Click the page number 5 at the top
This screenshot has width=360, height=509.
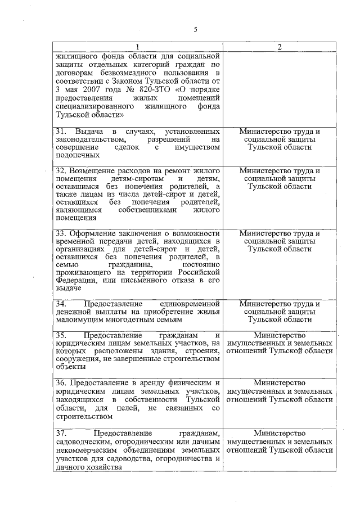click(x=195, y=30)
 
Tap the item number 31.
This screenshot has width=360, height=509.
click(x=61, y=131)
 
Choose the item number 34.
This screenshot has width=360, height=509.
click(x=61, y=304)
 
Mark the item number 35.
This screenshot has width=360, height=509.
click(x=61, y=336)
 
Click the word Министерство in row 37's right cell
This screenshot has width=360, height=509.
click(x=280, y=434)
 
